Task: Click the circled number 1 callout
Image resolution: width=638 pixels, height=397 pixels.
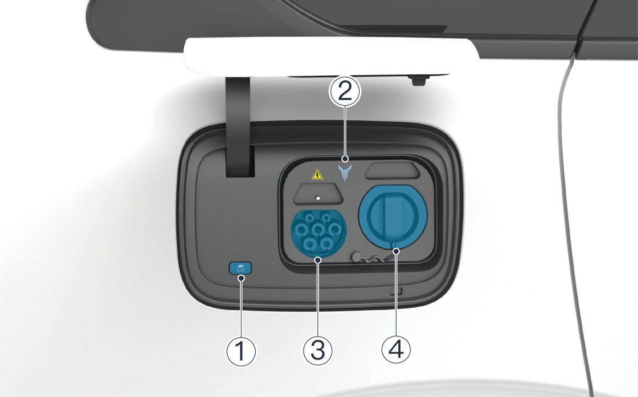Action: (x=241, y=351)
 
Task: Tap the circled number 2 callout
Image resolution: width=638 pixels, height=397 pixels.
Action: (x=345, y=91)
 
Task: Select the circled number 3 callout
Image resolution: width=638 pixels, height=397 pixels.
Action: (x=318, y=350)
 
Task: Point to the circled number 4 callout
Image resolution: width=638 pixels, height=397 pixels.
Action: (x=396, y=350)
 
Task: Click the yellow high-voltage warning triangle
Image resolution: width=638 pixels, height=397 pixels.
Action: (x=317, y=175)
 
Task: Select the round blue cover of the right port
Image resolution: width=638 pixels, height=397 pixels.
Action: (x=393, y=216)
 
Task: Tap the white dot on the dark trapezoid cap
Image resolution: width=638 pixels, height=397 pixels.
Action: (x=318, y=198)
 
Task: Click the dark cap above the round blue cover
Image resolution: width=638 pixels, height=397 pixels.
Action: (x=392, y=171)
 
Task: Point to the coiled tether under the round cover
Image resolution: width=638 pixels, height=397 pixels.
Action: (x=369, y=258)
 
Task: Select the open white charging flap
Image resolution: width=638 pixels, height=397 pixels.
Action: (x=332, y=56)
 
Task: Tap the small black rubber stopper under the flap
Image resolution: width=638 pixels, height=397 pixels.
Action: (x=419, y=80)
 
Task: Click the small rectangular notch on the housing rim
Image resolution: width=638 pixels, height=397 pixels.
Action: (x=396, y=291)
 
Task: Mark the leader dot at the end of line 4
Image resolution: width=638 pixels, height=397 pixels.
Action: (x=396, y=252)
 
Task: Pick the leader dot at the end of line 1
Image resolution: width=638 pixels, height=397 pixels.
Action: (x=241, y=278)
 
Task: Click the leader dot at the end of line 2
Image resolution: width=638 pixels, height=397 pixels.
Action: (x=345, y=159)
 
